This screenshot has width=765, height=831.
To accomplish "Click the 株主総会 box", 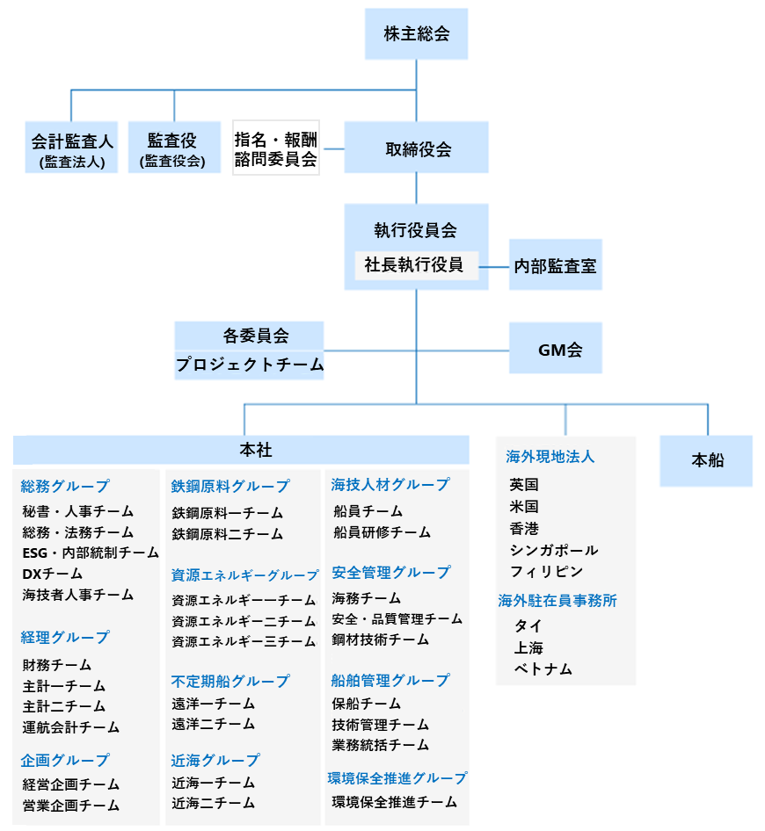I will [416, 34].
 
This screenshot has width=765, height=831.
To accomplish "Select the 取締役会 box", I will [416, 148].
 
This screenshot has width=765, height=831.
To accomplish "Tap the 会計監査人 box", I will [72, 147].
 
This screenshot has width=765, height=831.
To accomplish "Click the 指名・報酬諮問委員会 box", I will [276, 148].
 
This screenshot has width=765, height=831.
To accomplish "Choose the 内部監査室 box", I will [555, 265].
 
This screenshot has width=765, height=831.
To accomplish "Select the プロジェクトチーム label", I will [250, 365].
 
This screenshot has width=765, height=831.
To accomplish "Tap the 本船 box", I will [707, 459].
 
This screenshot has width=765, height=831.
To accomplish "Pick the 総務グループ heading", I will [66, 486].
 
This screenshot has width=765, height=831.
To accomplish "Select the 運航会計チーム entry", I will [71, 727].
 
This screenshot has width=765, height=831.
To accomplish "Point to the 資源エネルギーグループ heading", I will [245, 575].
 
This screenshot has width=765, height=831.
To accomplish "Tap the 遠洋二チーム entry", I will [214, 724].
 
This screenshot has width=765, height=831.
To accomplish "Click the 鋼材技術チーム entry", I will [381, 640].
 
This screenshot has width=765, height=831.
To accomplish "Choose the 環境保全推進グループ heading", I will [397, 778].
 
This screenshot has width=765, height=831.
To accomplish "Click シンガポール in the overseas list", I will [554, 550].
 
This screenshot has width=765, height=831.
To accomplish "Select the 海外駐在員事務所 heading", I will [557, 601].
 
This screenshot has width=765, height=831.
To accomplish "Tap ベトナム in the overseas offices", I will [543, 668].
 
